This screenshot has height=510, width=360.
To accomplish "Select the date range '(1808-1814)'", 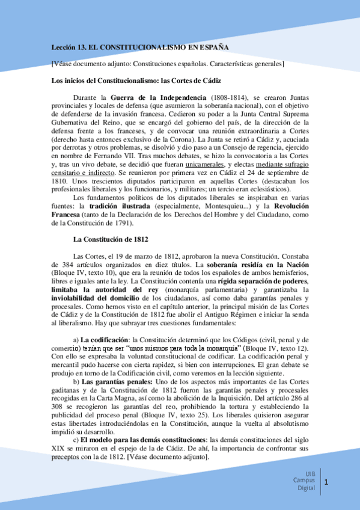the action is (x=230, y=97).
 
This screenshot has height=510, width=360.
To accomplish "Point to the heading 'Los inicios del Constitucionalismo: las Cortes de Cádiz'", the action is (x=136, y=81).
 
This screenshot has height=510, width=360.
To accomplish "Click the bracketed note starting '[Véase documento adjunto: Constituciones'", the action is (x=168, y=64).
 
